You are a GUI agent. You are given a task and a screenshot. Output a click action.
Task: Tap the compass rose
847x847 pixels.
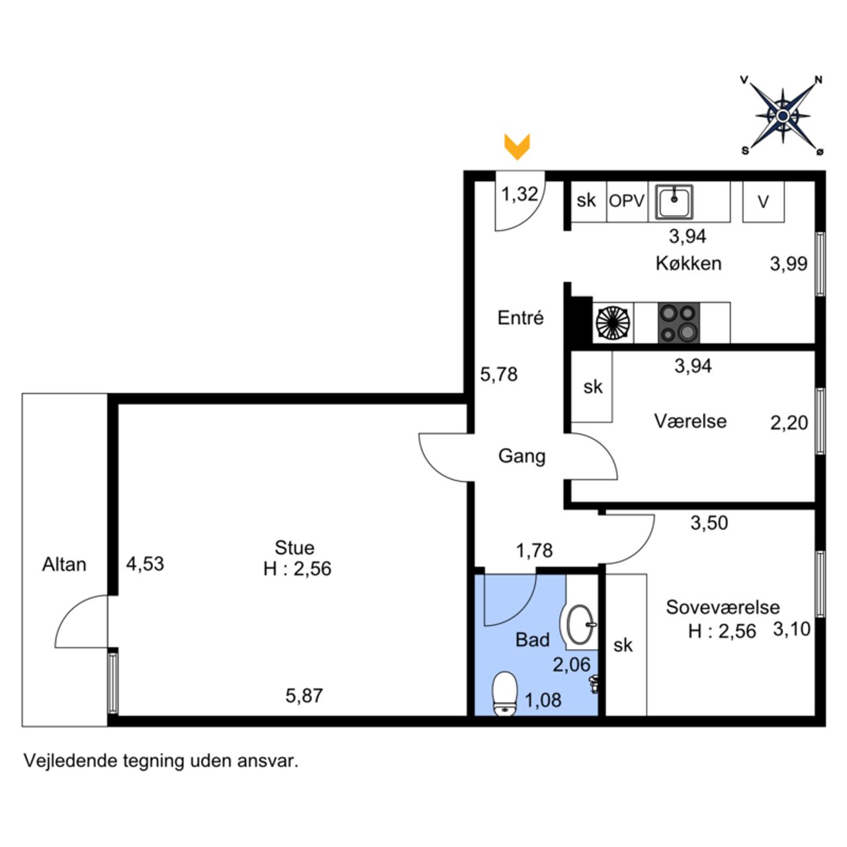(x=782, y=116)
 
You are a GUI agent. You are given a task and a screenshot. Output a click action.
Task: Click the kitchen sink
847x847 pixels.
(x=674, y=202)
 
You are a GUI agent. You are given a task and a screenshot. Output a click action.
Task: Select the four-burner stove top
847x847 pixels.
(x=678, y=323)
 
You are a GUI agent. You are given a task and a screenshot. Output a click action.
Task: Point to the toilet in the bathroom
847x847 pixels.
(x=505, y=693)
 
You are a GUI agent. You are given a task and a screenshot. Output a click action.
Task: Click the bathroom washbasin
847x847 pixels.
(x=579, y=624)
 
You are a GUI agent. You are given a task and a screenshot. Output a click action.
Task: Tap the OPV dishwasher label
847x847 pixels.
(x=627, y=201)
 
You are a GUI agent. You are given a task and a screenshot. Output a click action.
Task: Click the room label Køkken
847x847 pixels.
(x=689, y=264)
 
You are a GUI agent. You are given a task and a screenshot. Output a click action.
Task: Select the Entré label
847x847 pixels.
(x=520, y=318)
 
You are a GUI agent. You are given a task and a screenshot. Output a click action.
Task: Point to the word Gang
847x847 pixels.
(x=521, y=457)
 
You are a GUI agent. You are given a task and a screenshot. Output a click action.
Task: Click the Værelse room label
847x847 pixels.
(x=691, y=421)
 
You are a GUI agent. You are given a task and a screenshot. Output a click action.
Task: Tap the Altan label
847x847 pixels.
(x=64, y=564)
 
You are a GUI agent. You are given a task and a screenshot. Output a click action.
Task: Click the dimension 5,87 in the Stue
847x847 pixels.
(x=304, y=695)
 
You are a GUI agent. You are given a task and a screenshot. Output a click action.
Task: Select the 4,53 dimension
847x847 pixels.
(x=145, y=564)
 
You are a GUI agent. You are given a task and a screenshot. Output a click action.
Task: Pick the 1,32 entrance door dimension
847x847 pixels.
(x=520, y=194)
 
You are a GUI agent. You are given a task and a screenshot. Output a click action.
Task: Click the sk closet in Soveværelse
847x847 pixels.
(x=627, y=645)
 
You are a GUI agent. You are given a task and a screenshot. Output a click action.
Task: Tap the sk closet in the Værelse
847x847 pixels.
(x=592, y=387)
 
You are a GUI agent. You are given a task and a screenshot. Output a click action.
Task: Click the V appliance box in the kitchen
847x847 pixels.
(x=764, y=202)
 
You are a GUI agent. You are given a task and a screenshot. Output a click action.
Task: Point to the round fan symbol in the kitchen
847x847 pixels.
(x=613, y=323)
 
